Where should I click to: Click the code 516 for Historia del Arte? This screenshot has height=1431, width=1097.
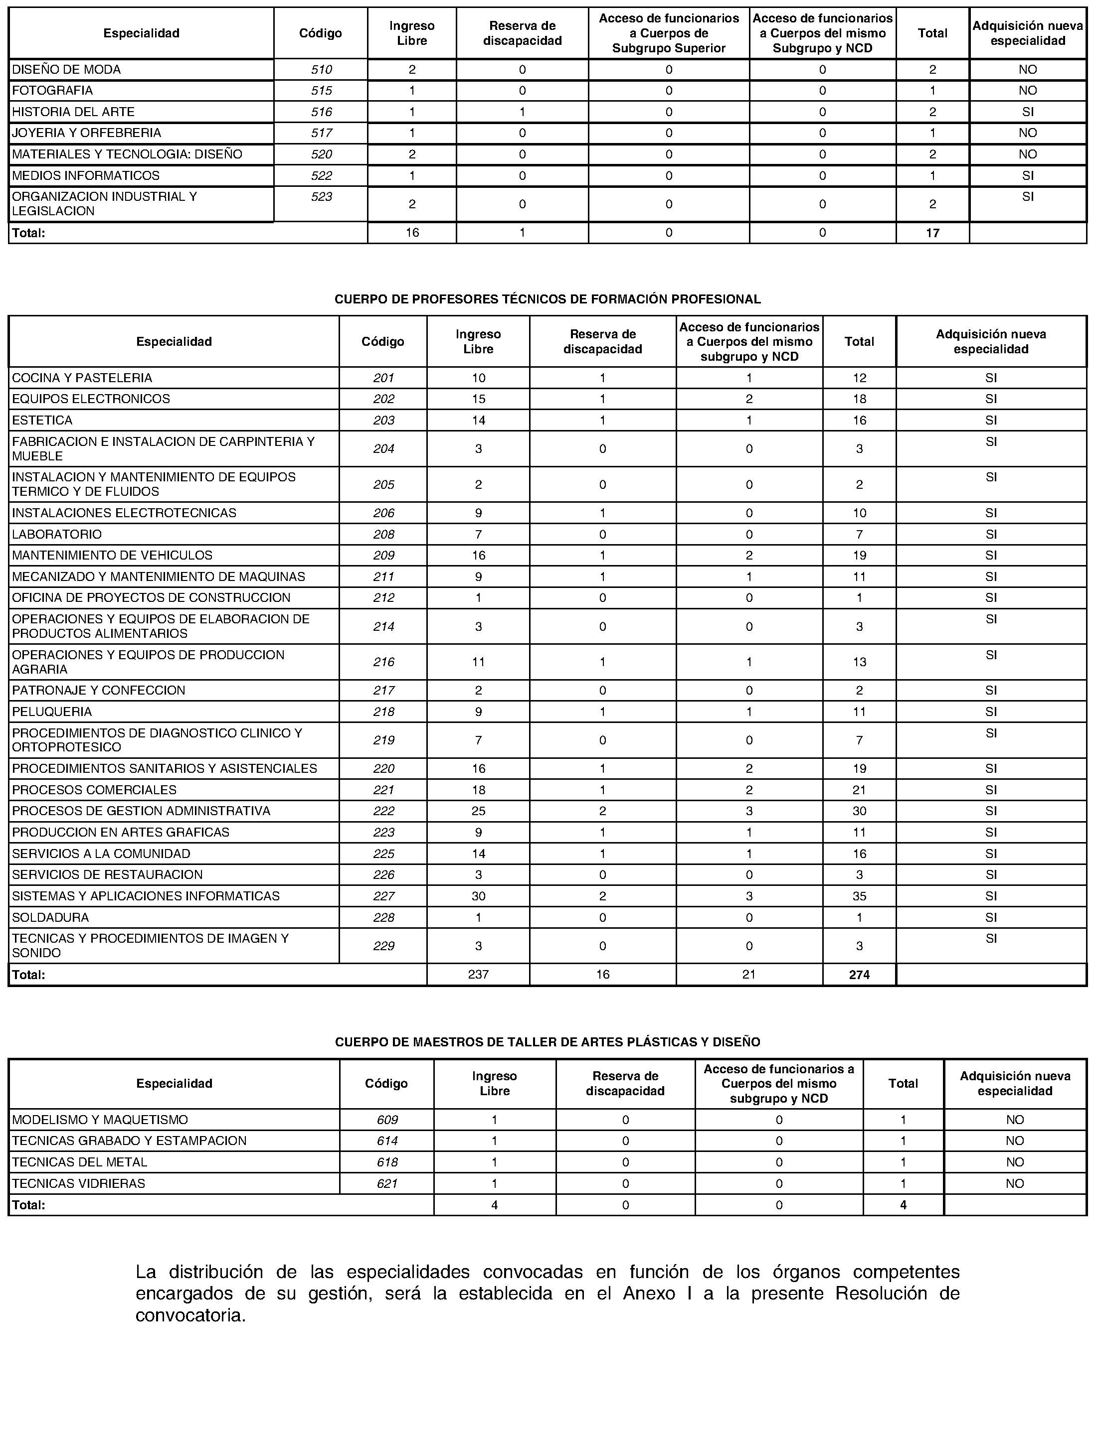pyautogui.click(x=321, y=112)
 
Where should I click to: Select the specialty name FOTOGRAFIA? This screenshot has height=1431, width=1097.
pyautogui.click(x=52, y=90)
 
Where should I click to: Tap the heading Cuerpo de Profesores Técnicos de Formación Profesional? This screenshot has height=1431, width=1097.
pyautogui.click(x=547, y=299)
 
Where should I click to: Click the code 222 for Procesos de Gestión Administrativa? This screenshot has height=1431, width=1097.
pyautogui.click(x=383, y=811)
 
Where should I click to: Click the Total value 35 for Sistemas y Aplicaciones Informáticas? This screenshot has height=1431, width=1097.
pyautogui.click(x=859, y=896)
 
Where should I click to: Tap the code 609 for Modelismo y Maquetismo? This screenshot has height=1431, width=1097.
pyautogui.click(x=386, y=1120)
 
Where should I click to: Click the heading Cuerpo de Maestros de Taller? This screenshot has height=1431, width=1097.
pyautogui.click(x=547, y=1042)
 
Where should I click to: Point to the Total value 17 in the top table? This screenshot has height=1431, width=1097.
pyautogui.click(x=932, y=233)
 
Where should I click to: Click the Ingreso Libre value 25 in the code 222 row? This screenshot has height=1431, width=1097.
pyautogui.click(x=478, y=811)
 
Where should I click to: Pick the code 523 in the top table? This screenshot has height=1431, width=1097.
pyautogui.click(x=321, y=196)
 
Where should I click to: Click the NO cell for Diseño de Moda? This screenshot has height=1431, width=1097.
pyautogui.click(x=1028, y=69)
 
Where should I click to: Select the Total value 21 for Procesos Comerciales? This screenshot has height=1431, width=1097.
pyautogui.click(x=859, y=790)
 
